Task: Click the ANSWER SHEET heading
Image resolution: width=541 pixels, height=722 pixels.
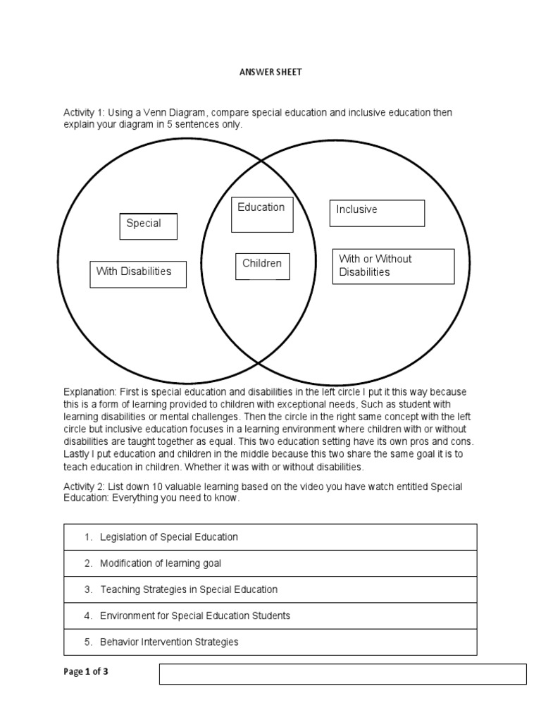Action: coord(270,72)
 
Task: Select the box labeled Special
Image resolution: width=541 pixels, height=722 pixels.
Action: coord(148,226)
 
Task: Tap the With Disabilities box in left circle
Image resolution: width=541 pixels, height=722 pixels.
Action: coord(138,274)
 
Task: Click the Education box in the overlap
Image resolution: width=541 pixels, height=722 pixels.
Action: coord(262,214)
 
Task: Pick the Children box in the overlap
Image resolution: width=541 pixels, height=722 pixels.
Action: coord(262,266)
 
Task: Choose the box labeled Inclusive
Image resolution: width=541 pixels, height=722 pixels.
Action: coord(377,213)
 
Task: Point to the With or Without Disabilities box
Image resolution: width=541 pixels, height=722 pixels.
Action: coord(393,266)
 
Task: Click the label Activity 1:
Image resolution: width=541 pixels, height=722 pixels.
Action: coord(85,113)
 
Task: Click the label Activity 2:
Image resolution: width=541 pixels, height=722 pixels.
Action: coord(85,487)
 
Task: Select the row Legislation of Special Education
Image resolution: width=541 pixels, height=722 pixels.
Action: coord(270,537)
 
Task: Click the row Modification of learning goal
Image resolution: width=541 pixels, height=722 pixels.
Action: coord(270,563)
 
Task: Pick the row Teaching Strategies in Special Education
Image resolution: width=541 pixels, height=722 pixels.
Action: coord(270,589)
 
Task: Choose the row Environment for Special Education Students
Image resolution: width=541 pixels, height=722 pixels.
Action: coord(270,616)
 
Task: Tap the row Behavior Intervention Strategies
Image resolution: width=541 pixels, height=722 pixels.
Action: coord(270,642)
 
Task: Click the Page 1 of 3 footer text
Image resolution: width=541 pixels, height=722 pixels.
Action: coord(86,671)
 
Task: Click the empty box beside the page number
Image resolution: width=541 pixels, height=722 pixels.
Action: coord(342,673)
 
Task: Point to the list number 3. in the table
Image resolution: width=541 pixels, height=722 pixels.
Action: coord(89,589)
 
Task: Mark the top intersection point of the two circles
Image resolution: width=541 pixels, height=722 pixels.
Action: coord(262,161)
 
